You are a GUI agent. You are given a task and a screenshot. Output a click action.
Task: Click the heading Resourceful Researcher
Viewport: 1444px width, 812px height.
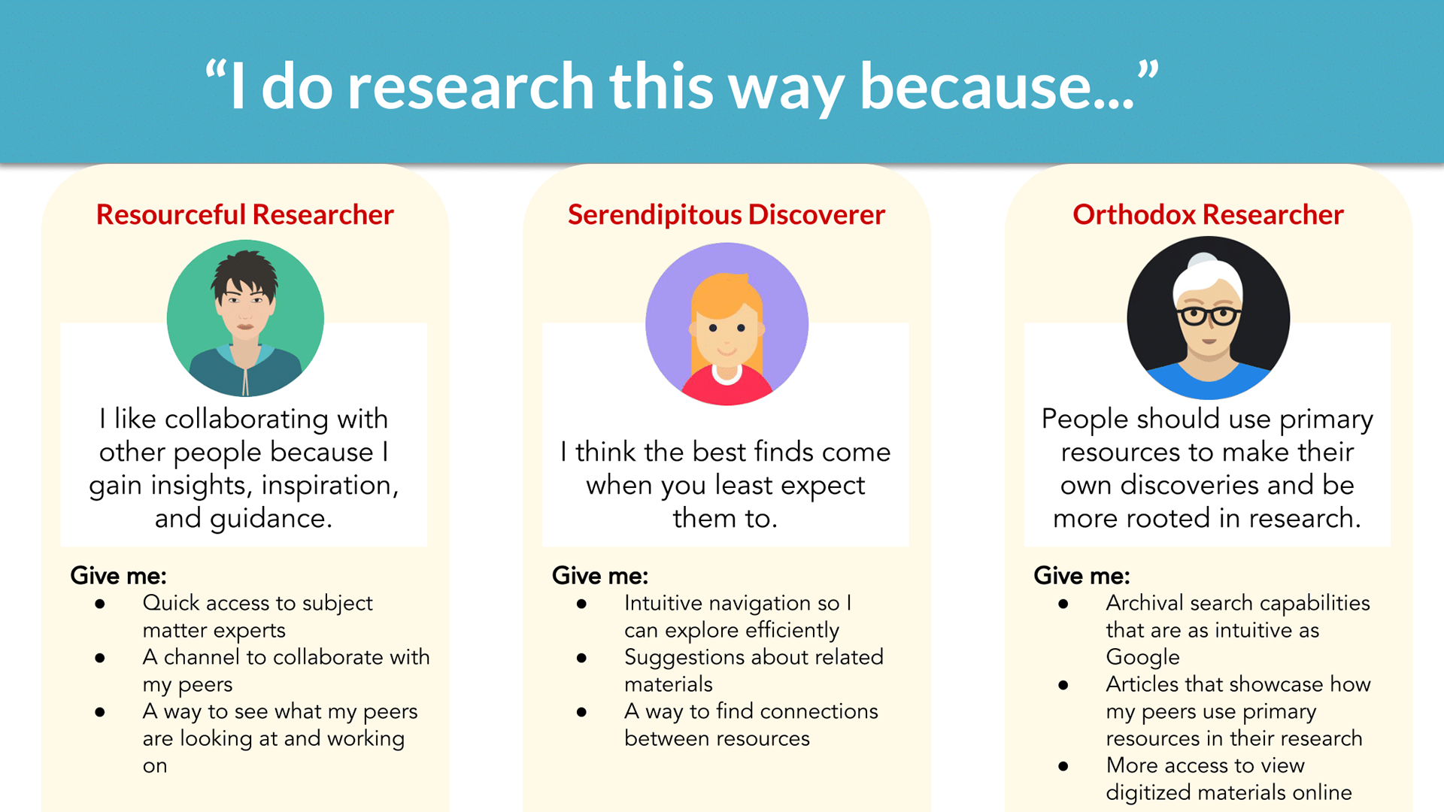244,215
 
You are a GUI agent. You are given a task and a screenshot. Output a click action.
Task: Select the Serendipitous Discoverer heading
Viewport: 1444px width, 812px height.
726,215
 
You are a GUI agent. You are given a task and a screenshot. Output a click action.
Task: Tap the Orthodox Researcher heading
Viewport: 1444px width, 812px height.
1208,215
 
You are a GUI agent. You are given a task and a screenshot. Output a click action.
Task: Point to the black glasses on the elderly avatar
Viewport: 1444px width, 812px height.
1209,315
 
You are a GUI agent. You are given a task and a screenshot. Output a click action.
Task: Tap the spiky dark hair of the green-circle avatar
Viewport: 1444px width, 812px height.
244,275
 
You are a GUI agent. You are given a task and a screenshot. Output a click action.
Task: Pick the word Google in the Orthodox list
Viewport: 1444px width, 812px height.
1142,657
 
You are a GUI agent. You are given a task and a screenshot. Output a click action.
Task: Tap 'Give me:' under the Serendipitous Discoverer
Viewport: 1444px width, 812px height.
599,576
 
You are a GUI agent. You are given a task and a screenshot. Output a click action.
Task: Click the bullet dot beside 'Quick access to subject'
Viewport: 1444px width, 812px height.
100,604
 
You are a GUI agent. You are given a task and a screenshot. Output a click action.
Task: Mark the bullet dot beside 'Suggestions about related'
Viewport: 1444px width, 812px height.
581,658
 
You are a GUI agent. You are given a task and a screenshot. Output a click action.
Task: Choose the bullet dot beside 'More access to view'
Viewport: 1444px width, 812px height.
1063,766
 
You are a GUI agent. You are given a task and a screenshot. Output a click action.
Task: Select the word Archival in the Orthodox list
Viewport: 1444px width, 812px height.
1140,603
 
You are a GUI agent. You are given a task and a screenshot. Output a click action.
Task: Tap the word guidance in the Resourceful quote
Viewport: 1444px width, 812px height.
271,519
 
